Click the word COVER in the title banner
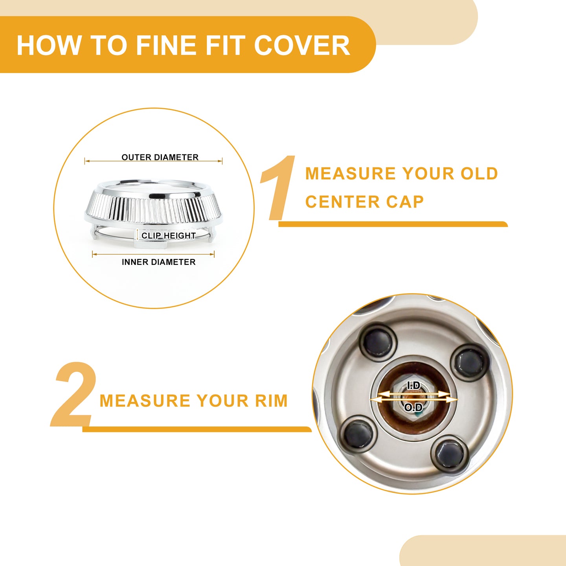302,45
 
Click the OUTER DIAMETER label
160,157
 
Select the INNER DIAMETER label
159,262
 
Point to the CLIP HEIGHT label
169,235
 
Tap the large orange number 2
74,395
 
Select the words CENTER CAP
364,202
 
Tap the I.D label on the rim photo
414,386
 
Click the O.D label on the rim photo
413,407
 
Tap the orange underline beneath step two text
197,429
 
